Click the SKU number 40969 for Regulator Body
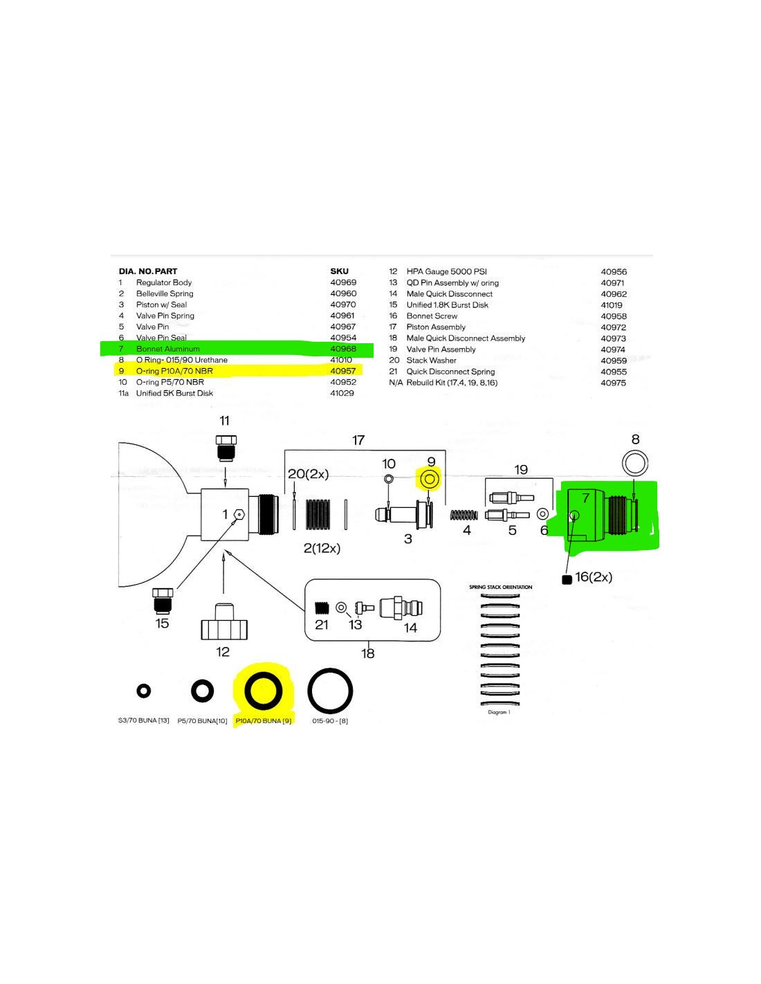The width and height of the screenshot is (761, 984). [343, 282]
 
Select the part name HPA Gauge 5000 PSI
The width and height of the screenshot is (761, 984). [446, 272]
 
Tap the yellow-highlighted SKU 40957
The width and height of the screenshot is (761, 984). [343, 371]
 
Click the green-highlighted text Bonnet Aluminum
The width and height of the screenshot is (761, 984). [167, 349]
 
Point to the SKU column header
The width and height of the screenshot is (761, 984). [339, 271]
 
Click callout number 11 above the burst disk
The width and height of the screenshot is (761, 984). [224, 421]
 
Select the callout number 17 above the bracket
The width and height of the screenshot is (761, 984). [358, 440]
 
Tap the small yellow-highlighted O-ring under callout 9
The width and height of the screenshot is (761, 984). [428, 479]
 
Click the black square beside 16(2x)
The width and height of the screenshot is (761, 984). [567, 580]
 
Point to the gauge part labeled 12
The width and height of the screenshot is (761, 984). [223, 622]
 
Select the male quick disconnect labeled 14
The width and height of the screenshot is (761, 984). [405, 608]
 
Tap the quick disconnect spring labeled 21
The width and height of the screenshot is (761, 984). [321, 608]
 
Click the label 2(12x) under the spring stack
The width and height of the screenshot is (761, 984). [322, 548]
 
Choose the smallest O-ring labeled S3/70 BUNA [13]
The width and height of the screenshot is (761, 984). [144, 691]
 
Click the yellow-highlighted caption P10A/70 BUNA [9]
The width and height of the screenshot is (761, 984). [264, 721]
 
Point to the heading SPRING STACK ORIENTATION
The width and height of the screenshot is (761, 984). [500, 587]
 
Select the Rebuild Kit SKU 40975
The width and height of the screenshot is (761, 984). [614, 383]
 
